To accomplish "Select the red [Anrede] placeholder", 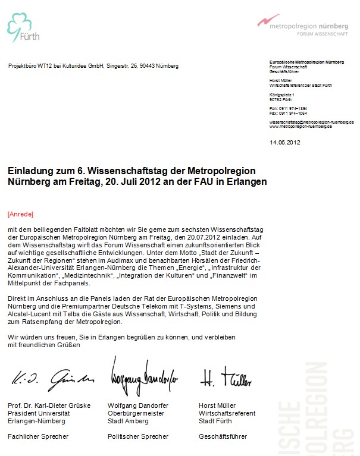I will [20, 213].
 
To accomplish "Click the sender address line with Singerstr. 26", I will [93, 66].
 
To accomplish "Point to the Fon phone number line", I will [287, 108].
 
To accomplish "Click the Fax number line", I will [287, 112].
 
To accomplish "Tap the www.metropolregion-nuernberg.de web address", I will [300, 127].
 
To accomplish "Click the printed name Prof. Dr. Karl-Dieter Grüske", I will [49, 405].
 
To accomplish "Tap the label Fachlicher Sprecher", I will [37, 436].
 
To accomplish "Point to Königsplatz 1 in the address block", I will [281, 95].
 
